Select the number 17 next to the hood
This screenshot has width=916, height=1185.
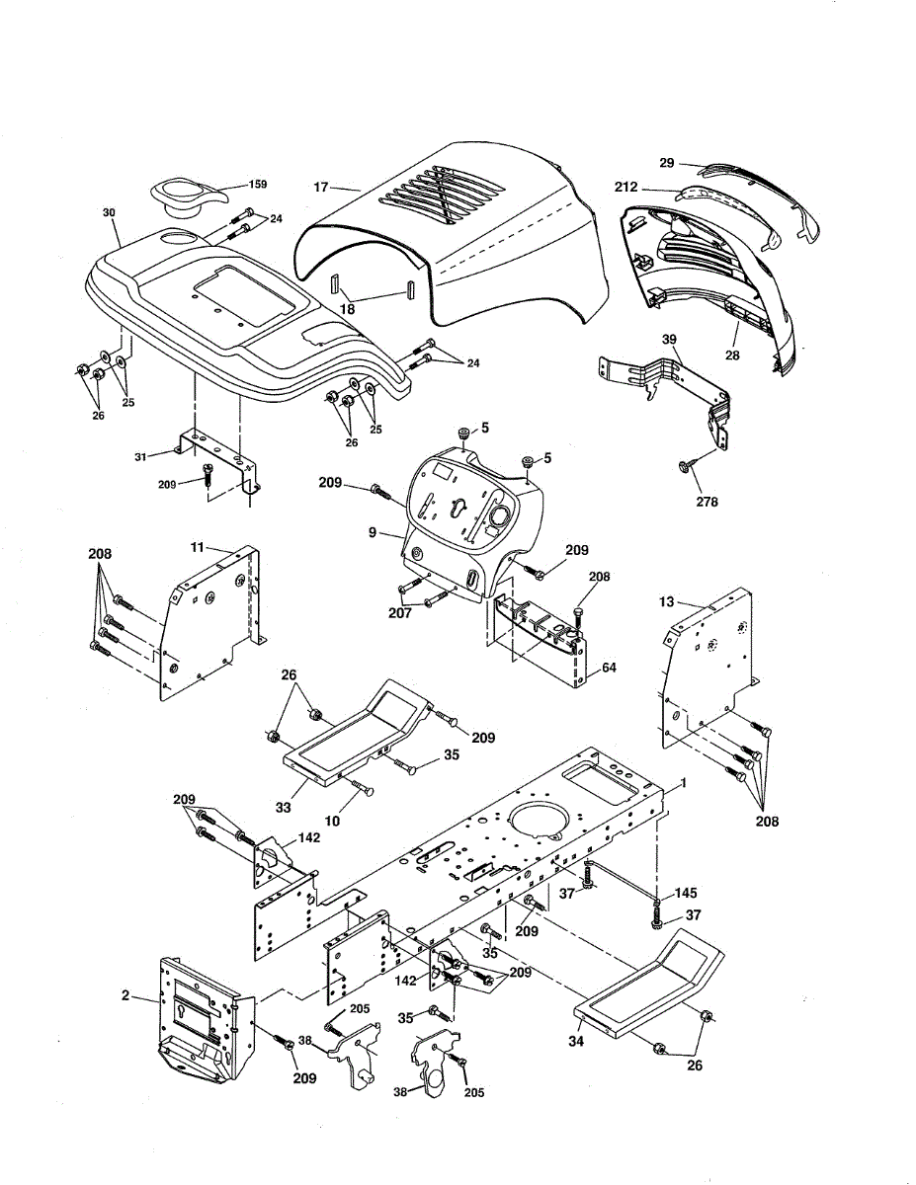(x=320, y=186)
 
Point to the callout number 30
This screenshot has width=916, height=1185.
(x=109, y=211)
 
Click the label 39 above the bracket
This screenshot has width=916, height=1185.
(x=669, y=340)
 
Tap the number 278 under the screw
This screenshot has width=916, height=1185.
(x=705, y=501)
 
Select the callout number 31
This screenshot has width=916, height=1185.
(x=141, y=455)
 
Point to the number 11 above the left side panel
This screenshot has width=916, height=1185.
(x=197, y=545)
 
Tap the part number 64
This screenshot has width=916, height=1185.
(x=608, y=669)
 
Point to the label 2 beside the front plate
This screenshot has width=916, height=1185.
(x=125, y=995)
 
